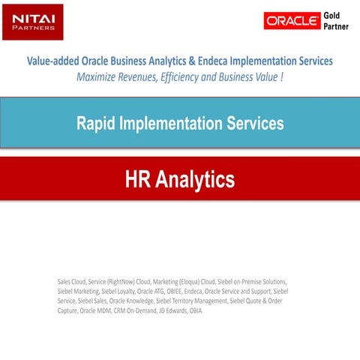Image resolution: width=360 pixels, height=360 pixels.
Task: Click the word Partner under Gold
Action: coord(337,28)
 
